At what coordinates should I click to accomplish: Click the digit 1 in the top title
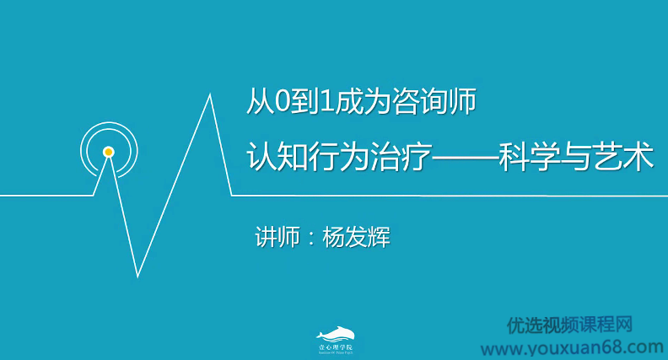tap(322, 102)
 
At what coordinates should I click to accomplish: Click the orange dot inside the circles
tap(108, 152)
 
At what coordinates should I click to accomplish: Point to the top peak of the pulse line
tap(208, 94)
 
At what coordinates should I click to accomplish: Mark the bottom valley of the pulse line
tap(138, 276)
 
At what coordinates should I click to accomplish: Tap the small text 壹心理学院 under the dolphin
tap(335, 347)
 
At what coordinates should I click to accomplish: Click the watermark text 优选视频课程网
tap(569, 325)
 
